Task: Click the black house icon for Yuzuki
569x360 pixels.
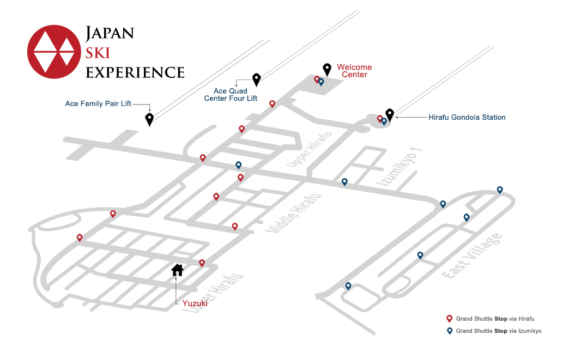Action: click(x=178, y=270)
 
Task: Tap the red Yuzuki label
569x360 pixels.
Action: click(x=195, y=303)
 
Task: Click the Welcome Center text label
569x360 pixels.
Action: click(x=354, y=71)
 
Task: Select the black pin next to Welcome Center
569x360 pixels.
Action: click(x=327, y=70)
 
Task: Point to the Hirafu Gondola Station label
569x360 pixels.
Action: click(x=467, y=117)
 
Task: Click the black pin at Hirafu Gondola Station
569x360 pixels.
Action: click(x=389, y=115)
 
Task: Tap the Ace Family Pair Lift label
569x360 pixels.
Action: click(x=98, y=103)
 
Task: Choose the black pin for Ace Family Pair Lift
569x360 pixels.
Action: click(x=149, y=119)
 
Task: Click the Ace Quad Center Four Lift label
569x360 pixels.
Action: click(x=231, y=95)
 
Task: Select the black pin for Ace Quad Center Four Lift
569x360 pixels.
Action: click(x=257, y=80)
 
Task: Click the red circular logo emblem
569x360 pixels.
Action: click(x=54, y=52)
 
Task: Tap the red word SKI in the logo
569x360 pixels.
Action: click(x=98, y=53)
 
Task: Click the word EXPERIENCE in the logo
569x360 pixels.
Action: click(x=135, y=72)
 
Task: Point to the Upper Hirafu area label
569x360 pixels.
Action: click(x=309, y=149)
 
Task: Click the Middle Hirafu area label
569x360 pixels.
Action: click(x=294, y=213)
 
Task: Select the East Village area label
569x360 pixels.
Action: click(x=472, y=256)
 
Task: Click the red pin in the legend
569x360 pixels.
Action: click(x=449, y=319)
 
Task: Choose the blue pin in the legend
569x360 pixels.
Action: click(x=449, y=331)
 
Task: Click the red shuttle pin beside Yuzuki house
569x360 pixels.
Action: click(x=202, y=263)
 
